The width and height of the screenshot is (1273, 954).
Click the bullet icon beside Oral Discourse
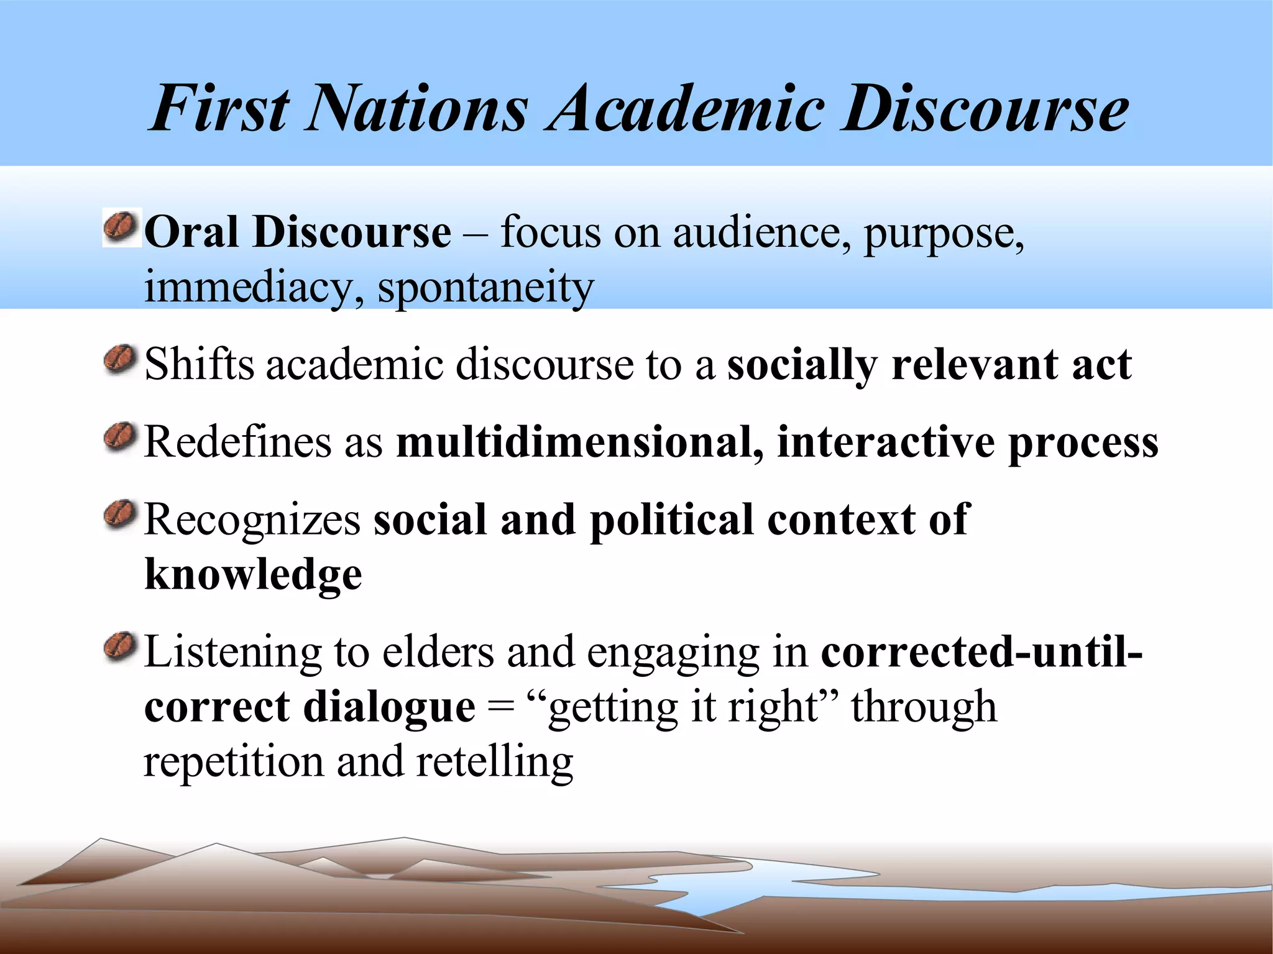point(121,227)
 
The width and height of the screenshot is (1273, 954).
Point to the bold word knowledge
point(253,575)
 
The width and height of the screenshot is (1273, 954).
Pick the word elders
point(438,653)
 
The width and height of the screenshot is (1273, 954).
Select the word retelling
point(494,763)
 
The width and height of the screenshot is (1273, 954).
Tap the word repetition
point(234,763)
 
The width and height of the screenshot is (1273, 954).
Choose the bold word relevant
point(974,365)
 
